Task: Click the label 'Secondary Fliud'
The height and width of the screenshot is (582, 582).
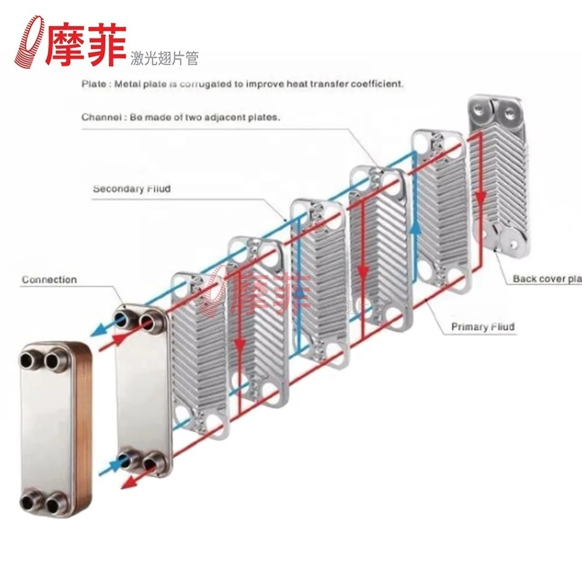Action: tap(132, 189)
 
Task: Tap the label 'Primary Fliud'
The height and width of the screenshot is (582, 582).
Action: tap(483, 327)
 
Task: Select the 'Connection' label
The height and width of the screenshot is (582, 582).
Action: tap(49, 280)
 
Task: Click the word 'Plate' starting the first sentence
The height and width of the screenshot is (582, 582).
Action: tap(93, 84)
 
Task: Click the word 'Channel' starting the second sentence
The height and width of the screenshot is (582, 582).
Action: tap(100, 117)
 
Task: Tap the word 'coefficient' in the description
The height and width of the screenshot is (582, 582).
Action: tap(377, 84)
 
